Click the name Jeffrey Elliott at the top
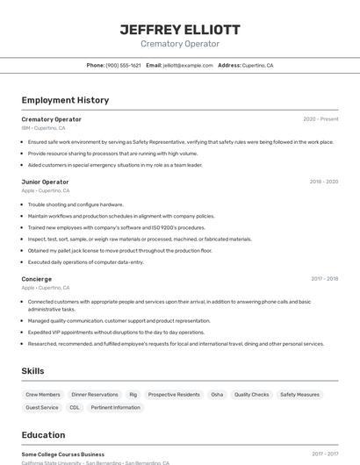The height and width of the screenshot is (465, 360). pos(179,29)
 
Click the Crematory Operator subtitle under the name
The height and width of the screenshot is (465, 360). pos(179,44)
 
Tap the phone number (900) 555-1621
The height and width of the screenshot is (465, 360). pos(123,66)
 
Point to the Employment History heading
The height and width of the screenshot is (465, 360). pos(65,100)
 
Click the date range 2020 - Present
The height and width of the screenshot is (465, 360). pos(320,119)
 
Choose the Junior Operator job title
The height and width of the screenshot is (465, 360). pos(45,182)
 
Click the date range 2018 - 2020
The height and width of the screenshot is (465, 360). pos(323,182)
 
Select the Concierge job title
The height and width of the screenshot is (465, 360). pos(37,279)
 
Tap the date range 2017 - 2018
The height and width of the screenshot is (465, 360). pos(324,279)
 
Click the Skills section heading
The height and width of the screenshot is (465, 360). pos(32,371)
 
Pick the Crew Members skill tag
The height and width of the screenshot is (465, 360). pos(43,395)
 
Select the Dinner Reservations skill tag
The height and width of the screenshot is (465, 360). pos(95,395)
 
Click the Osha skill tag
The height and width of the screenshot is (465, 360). pos(217,395)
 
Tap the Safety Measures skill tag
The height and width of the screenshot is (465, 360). pos(299,395)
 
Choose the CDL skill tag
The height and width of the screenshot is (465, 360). pos(75,408)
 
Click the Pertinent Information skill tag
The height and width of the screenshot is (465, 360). pos(115,408)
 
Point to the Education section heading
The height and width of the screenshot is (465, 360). pos(43,435)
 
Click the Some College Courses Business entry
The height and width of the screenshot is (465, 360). pos(63,454)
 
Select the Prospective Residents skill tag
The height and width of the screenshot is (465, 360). pos(175,395)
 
